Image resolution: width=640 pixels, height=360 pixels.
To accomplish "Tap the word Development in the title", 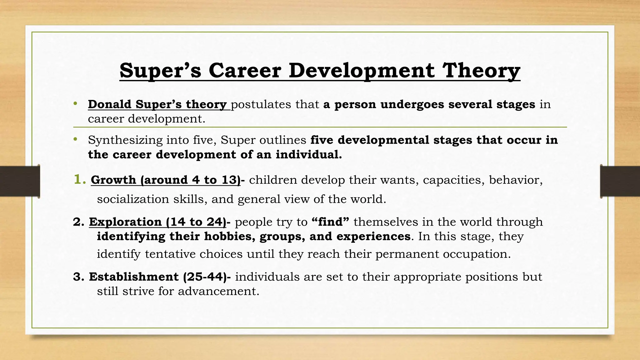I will pos(362,71).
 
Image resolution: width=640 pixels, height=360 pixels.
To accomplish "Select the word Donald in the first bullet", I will pos(110,104).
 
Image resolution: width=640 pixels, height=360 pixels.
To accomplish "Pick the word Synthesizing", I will pos(125,140).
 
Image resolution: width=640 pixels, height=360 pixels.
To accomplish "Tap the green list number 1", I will pos(79,179).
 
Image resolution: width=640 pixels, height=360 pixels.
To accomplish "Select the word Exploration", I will pos(125,222).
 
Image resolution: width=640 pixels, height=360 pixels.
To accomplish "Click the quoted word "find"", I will pos(330,222).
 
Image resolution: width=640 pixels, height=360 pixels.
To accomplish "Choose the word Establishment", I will pos(134,277).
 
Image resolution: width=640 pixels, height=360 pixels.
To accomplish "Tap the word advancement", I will pos(219,291).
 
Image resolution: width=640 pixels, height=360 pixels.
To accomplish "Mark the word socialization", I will pos(133,199).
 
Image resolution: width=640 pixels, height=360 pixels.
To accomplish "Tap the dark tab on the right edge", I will pos(620,181).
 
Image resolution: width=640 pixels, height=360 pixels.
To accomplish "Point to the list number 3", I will pos(78,277).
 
